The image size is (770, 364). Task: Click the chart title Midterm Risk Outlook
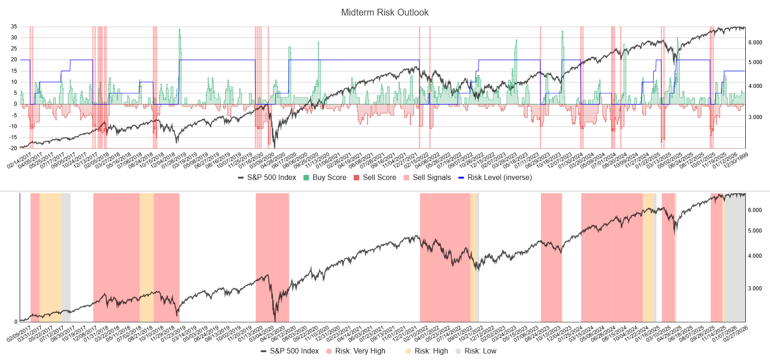(385, 12)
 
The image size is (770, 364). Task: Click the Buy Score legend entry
(329, 178)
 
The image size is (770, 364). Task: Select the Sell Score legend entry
(379, 178)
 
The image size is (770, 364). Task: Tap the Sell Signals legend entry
(431, 178)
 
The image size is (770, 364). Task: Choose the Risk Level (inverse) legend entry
(499, 178)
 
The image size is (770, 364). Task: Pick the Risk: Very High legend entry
(360, 351)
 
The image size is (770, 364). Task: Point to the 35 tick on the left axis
(14, 27)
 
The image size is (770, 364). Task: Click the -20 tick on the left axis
(13, 148)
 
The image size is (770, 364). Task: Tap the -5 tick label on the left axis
(14, 115)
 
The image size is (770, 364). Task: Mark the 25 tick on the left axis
(14, 49)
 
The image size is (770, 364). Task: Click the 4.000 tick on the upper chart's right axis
(755, 86)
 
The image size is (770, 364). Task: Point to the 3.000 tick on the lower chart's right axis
(755, 288)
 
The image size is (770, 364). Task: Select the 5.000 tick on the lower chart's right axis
(755, 231)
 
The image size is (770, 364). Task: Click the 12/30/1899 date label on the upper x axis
(736, 161)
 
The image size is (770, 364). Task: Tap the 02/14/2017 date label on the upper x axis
(19, 161)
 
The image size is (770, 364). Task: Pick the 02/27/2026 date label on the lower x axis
(736, 334)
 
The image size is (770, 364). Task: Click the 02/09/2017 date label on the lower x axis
(19, 334)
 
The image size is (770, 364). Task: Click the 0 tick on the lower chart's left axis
(16, 322)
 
